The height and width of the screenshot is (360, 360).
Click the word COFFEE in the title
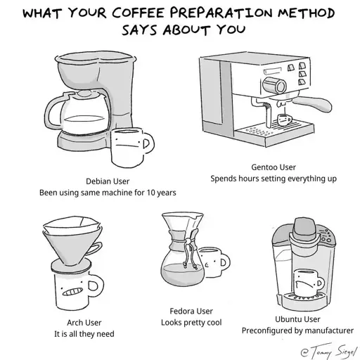(138, 13)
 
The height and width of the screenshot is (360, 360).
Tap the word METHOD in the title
(306, 13)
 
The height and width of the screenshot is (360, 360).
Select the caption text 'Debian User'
(108, 181)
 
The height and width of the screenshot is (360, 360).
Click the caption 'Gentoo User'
(274, 167)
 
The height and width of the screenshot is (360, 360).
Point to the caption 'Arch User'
(84, 323)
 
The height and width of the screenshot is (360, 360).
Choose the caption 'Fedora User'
(191, 311)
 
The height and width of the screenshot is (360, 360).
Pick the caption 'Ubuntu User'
(297, 319)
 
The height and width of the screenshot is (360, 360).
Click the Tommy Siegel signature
(328, 351)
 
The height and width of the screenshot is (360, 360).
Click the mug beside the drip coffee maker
(131, 147)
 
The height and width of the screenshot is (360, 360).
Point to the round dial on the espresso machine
(275, 85)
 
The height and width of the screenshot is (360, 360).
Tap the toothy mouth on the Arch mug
(72, 291)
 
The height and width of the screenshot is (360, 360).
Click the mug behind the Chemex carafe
(214, 262)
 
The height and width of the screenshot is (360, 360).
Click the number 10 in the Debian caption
(150, 193)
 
